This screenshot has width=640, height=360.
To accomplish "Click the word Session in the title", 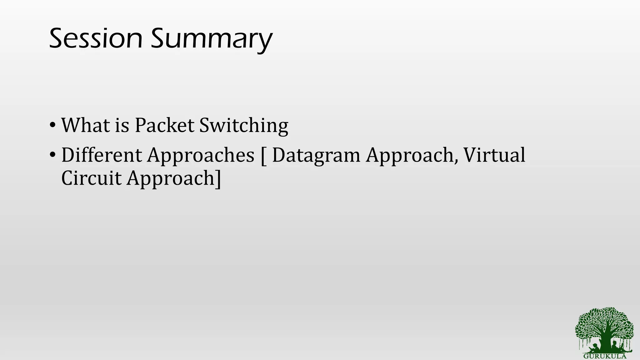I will (x=96, y=39).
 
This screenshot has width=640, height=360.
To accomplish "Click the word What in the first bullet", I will (x=85, y=125).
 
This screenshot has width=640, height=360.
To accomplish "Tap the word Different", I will (x=102, y=155).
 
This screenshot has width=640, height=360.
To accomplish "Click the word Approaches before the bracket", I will (x=201, y=156).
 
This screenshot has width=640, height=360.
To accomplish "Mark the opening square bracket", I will (x=263, y=156).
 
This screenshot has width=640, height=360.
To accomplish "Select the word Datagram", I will (x=316, y=156).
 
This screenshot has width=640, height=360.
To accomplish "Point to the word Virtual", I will (x=494, y=155).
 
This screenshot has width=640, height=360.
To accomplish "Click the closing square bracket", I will (x=218, y=179).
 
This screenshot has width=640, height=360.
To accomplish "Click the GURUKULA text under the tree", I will (x=605, y=356).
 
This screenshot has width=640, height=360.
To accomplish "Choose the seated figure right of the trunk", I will (x=615, y=346).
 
